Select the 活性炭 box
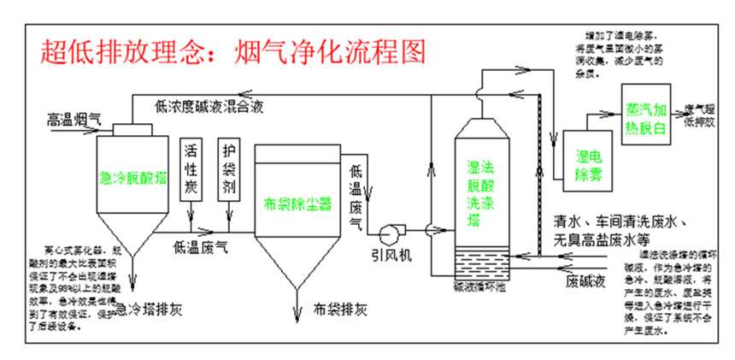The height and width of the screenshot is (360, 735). point(191,168)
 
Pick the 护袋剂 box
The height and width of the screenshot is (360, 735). point(228,168)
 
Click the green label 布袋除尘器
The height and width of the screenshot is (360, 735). point(297,205)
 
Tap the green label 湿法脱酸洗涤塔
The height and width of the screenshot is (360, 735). point(481,183)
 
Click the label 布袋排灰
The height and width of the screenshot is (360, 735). point(339,307)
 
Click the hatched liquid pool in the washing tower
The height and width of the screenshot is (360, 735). point(481,258)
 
